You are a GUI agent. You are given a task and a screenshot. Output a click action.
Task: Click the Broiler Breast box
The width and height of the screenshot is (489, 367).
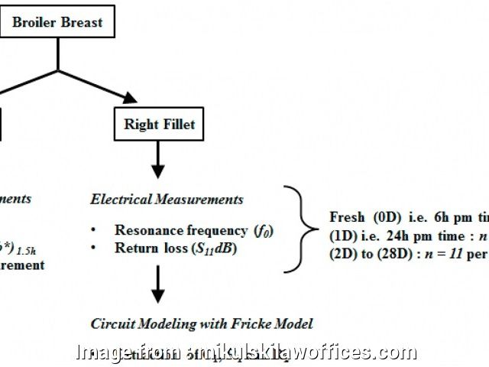tap(57, 21)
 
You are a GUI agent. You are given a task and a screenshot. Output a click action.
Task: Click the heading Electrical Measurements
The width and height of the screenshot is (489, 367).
tap(167, 200)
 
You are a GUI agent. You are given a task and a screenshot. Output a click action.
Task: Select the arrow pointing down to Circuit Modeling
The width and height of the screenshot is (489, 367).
tap(157, 284)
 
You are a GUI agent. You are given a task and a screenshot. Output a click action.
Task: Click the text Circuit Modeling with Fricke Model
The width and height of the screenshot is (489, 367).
tap(202, 323)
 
